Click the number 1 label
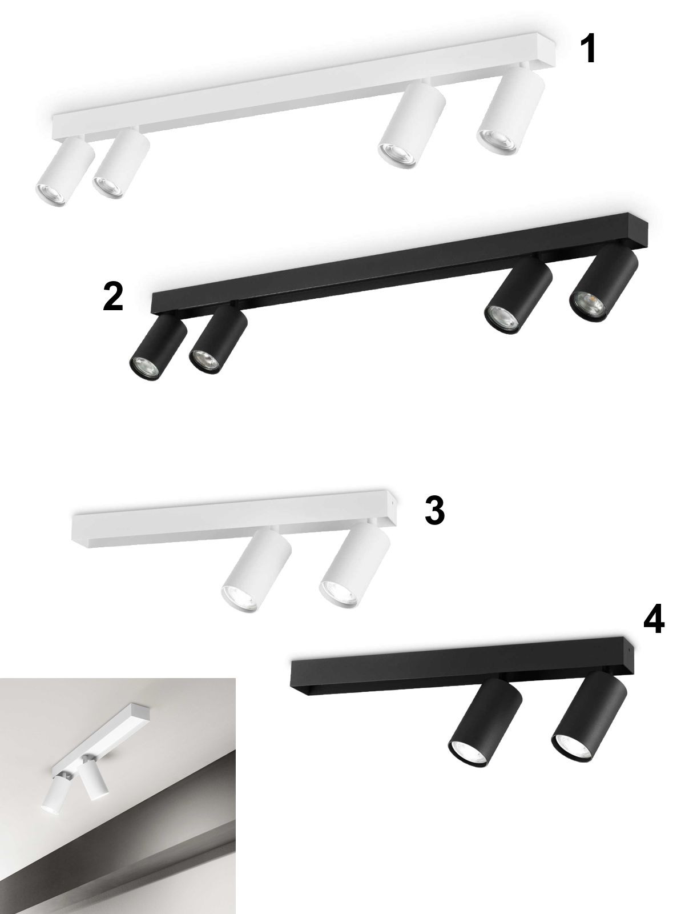pyautogui.click(x=589, y=49)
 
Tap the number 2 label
pyautogui.click(x=113, y=296)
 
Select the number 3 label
pyautogui.click(x=434, y=510)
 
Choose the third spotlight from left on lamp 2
pyautogui.click(x=519, y=294)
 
